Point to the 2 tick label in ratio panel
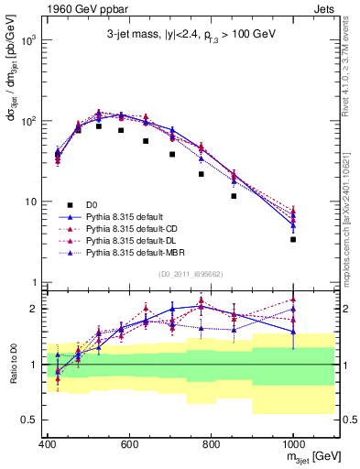coord(34,309)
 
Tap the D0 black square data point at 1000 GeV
coord(293,239)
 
